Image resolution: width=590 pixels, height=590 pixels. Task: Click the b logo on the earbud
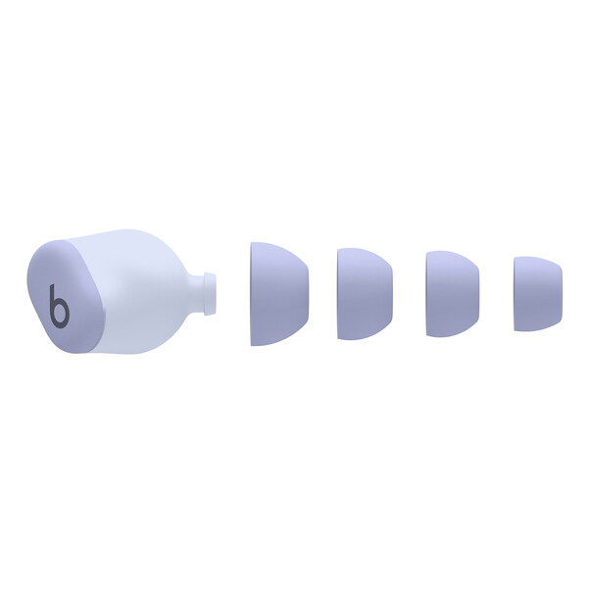[59, 306]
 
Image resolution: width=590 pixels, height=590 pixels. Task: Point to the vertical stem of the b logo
[52, 299]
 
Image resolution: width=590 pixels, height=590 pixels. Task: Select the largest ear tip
[278, 293]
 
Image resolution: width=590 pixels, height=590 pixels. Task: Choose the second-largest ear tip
[365, 293]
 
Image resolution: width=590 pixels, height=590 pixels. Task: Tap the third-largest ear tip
[452, 293]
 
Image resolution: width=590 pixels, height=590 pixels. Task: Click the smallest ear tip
[537, 293]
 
